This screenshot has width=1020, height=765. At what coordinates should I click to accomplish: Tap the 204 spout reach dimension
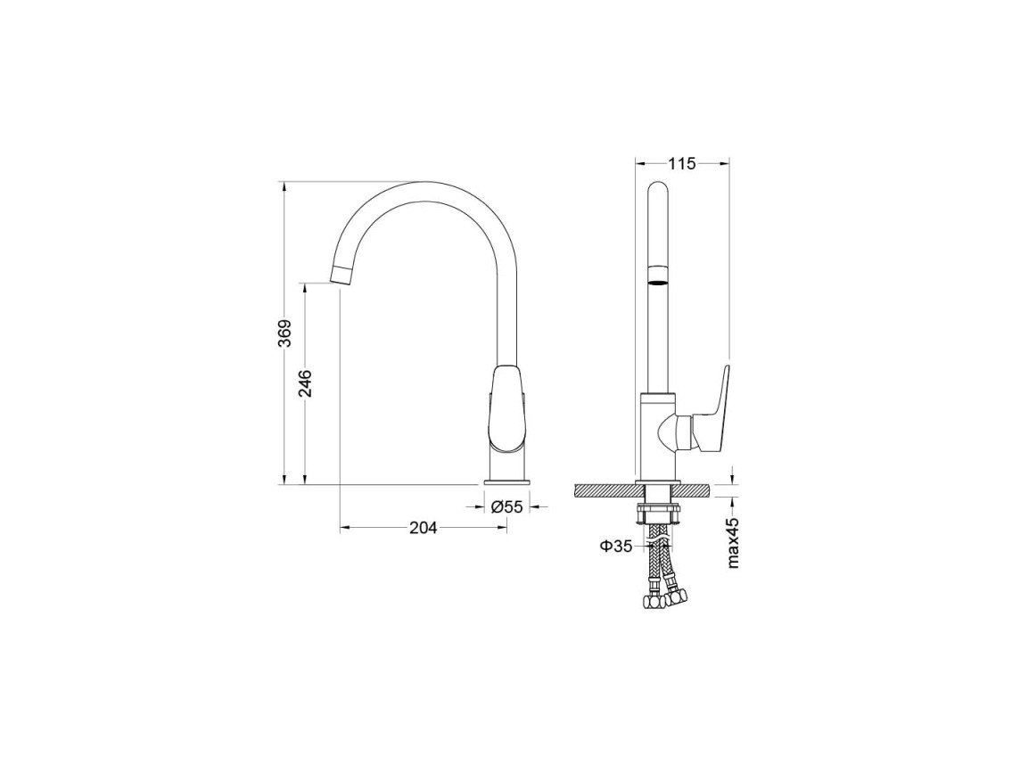pos(423,528)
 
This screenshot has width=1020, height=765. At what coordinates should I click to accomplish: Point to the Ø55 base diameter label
pos(507,506)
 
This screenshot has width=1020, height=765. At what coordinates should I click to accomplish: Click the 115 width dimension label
pos(682,164)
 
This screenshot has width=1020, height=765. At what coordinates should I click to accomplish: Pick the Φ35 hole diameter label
pos(616,547)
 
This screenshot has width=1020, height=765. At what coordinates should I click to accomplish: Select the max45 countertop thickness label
pos(734,543)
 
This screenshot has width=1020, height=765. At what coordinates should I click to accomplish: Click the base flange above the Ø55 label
pos(507,482)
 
